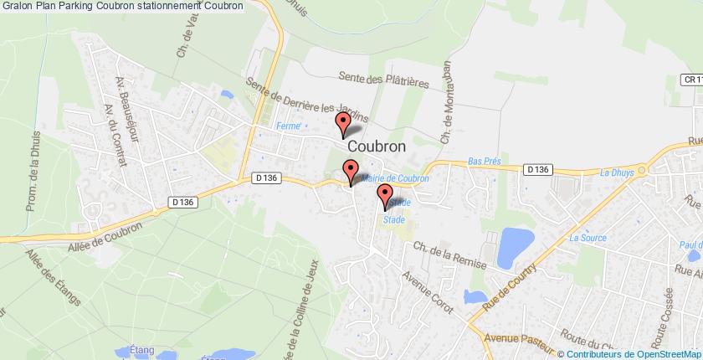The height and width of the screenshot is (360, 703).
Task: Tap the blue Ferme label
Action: pyautogui.click(x=289, y=126)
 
